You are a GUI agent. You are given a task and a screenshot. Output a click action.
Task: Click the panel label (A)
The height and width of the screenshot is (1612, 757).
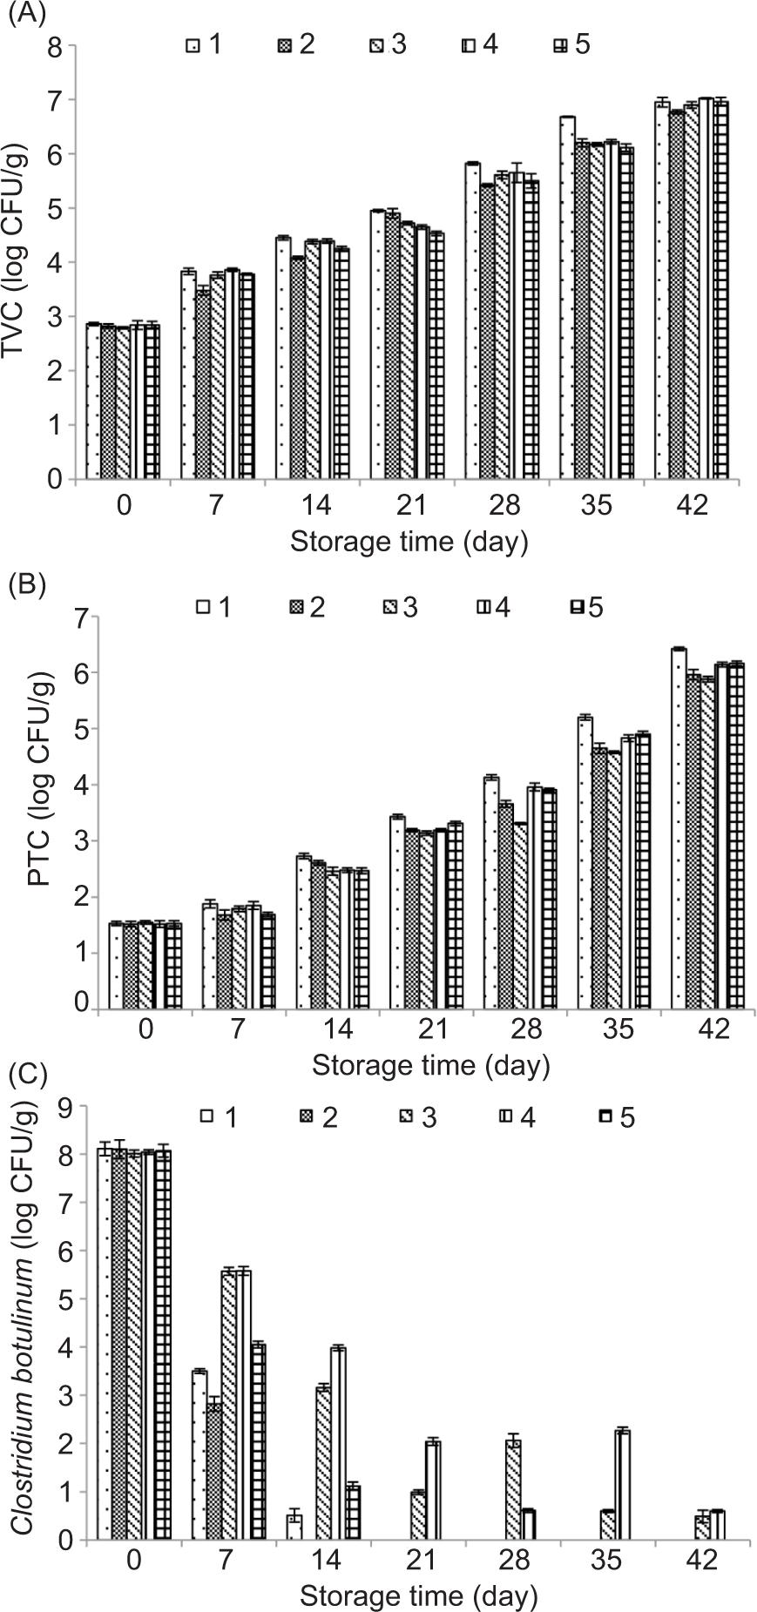pos(25,16)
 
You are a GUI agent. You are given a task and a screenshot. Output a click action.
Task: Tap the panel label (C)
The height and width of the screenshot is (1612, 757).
pos(25,1075)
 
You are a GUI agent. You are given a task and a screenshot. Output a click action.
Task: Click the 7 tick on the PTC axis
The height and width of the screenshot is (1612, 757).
pos(82,617)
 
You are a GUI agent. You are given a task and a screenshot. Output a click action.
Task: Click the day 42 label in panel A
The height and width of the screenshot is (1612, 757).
pos(693,507)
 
